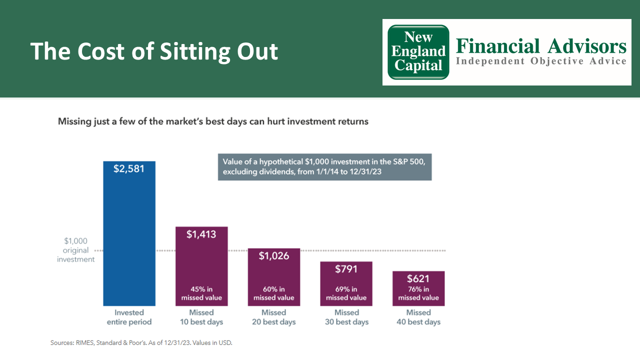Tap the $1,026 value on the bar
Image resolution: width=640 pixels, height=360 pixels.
tap(274, 256)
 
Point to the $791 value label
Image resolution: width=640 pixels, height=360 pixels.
tap(346, 269)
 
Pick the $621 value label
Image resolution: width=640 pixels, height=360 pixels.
tap(418, 278)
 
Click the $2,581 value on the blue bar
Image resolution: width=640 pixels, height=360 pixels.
tap(129, 168)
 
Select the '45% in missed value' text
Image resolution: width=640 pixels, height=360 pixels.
tap(201, 293)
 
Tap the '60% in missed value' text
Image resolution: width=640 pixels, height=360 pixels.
tap(274, 293)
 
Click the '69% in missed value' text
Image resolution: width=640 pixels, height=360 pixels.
tap(346, 293)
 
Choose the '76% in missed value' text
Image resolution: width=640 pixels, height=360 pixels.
tap(418, 293)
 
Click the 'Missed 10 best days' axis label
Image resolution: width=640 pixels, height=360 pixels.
tap(201, 317)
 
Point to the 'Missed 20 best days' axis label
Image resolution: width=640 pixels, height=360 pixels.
tap(274, 317)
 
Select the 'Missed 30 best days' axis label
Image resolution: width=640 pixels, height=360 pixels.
tap(346, 317)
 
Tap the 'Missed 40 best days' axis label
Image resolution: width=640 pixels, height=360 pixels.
tap(418, 317)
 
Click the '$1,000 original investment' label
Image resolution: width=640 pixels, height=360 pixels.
tap(75, 250)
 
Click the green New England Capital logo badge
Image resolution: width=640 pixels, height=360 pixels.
tap(418, 52)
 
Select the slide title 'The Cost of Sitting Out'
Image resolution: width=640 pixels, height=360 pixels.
tap(154, 51)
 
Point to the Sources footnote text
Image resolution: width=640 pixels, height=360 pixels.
tap(141, 343)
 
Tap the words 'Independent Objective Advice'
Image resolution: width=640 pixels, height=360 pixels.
tap(540, 61)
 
